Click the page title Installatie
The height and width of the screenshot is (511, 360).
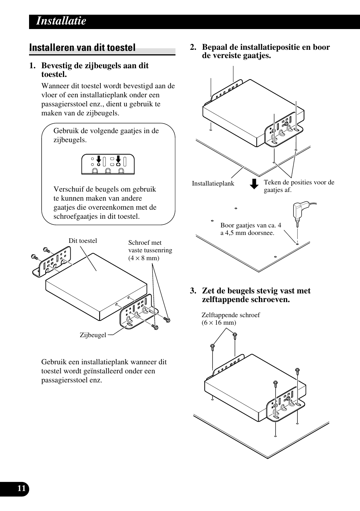61,21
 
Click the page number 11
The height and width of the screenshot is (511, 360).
22,488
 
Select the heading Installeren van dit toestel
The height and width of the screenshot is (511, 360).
82,48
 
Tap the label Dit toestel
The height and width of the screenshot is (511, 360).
83,241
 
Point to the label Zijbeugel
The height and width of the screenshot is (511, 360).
93,335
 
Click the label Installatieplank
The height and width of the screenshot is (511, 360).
213,184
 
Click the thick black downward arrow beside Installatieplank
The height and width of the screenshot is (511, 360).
255,184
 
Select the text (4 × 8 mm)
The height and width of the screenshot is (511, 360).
143,258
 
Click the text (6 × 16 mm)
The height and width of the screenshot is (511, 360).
219,322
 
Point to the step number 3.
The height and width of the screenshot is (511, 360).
193,291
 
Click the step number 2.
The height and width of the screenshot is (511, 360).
193,48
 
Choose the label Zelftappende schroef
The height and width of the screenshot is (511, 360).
231,315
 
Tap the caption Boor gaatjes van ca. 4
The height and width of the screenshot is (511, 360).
251,226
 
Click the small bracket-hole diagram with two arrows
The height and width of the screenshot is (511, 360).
108,164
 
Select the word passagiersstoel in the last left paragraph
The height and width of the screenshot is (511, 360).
65,380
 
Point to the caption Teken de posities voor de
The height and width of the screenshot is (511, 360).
299,182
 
